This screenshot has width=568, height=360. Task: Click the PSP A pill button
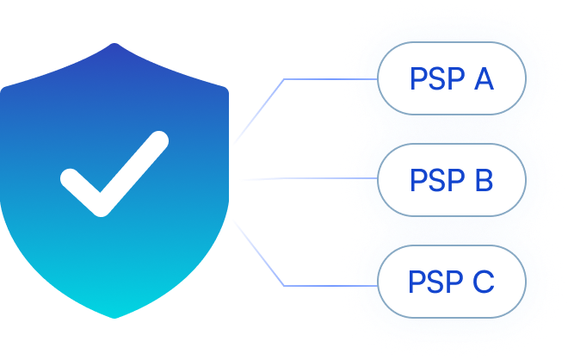pos(451,78)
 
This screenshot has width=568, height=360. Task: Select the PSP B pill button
pos(451,180)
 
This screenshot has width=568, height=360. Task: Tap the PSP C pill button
pos(451,282)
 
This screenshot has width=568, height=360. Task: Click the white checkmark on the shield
pos(113,175)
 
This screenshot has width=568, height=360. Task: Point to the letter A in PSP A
pos(482,79)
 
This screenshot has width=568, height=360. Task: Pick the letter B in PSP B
pos(482,181)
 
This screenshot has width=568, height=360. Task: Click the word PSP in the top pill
pos(435,79)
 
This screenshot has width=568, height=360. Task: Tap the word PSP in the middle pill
pos(435,181)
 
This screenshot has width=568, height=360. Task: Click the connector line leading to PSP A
pos(331,79)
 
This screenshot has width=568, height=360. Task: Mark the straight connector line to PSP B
pos(301,179)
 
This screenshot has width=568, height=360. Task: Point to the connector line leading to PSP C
pos(331,284)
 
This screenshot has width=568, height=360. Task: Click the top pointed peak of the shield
pos(114,45)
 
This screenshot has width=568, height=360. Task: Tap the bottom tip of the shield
pos(115,317)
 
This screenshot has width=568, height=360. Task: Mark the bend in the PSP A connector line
pos(284,79)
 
